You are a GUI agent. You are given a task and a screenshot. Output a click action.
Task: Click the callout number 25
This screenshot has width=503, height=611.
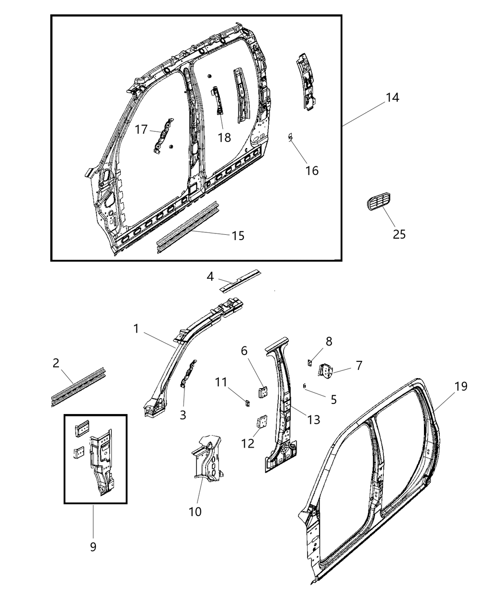click(x=399, y=234)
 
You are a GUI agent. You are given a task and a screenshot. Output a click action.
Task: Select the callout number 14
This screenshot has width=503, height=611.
click(x=392, y=97)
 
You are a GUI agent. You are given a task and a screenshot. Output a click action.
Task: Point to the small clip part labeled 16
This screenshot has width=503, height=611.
click(x=290, y=138)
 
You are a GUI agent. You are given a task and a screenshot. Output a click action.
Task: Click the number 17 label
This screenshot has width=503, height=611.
click(x=141, y=129)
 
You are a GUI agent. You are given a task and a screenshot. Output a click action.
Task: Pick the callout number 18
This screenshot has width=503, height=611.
click(x=224, y=138)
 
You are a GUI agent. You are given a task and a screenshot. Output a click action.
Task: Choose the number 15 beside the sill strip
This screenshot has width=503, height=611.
click(x=238, y=235)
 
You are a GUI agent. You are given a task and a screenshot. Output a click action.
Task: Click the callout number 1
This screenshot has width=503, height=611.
click(x=136, y=328)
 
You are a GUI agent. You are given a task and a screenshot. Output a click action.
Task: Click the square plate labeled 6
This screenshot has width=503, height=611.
click(x=262, y=392)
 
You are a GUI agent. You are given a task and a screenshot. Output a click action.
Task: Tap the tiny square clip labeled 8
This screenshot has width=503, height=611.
click(x=309, y=362)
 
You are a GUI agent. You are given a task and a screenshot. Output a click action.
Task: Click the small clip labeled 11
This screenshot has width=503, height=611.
click(x=247, y=403)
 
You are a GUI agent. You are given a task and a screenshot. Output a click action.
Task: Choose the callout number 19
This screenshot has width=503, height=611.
click(x=461, y=386)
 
